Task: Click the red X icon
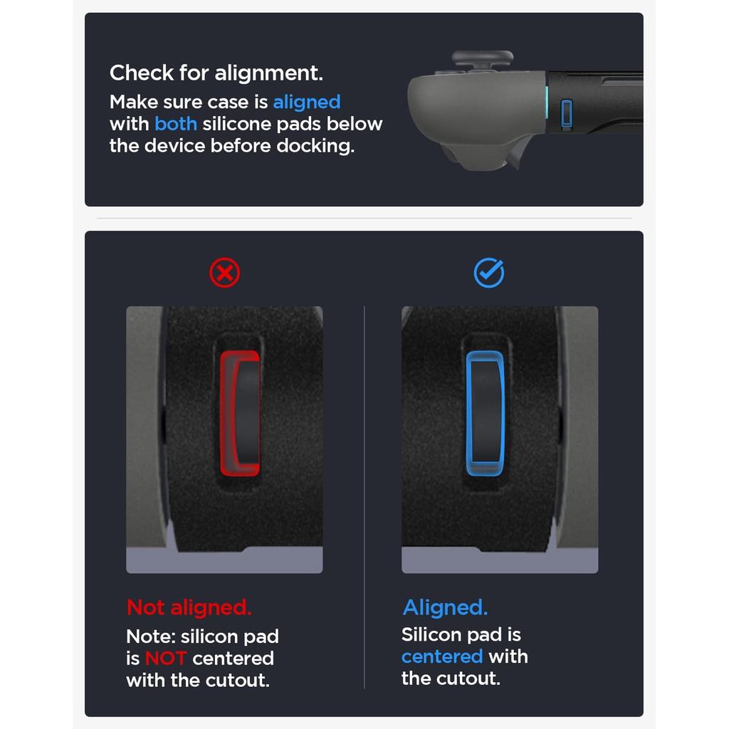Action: pos(224,273)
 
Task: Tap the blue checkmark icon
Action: pos(488,273)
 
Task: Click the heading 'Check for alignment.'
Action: pos(216,73)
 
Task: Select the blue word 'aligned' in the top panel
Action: pos(307,103)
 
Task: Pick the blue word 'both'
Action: pos(176,124)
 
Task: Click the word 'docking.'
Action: pos(315,147)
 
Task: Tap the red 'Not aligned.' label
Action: pos(189,608)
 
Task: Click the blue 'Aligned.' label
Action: pos(446,608)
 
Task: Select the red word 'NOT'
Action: pos(166,659)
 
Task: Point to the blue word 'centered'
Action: pos(442,656)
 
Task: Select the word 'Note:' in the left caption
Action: pos(151,636)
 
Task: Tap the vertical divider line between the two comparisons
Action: pos(364,498)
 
